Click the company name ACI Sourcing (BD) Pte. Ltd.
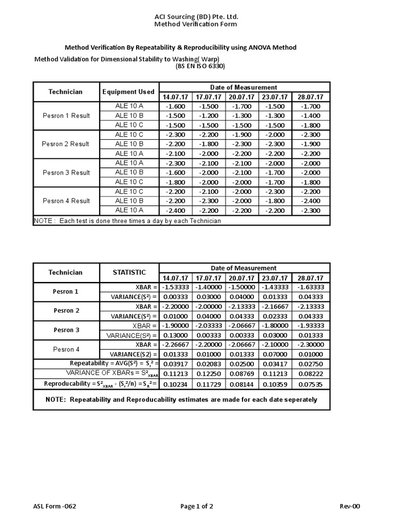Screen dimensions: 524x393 click(x=196, y=16)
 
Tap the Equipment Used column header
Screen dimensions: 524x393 click(x=128, y=92)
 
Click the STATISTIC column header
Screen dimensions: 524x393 click(x=129, y=273)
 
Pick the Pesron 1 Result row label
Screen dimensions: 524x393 click(x=66, y=116)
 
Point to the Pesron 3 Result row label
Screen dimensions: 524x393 click(x=66, y=172)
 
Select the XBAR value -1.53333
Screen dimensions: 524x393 click(x=176, y=287)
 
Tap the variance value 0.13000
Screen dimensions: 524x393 click(x=176, y=335)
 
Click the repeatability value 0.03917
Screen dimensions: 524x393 click(x=176, y=364)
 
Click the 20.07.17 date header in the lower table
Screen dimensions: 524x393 click(x=243, y=278)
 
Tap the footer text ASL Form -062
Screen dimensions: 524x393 click(x=55, y=507)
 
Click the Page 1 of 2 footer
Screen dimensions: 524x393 click(x=196, y=507)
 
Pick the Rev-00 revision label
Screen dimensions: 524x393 click(x=350, y=507)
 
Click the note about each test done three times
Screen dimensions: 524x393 click(x=127, y=221)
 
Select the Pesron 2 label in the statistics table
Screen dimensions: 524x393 click(x=67, y=311)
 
